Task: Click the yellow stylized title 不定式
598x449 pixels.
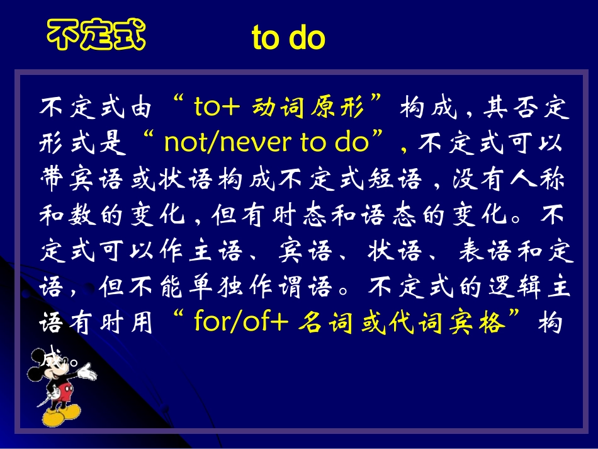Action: pyautogui.click(x=96, y=35)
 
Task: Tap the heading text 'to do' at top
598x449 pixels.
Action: pyautogui.click(x=288, y=38)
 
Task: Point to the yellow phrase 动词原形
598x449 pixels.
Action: pyautogui.click(x=308, y=108)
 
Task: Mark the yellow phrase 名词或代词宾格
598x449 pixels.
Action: pyautogui.click(x=403, y=324)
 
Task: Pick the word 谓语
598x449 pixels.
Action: pyautogui.click(x=309, y=288)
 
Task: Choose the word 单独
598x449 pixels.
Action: pyautogui.click(x=219, y=288)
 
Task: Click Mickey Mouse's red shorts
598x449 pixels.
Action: pyautogui.click(x=64, y=394)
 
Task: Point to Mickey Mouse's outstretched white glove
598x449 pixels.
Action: pyautogui.click(x=87, y=374)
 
